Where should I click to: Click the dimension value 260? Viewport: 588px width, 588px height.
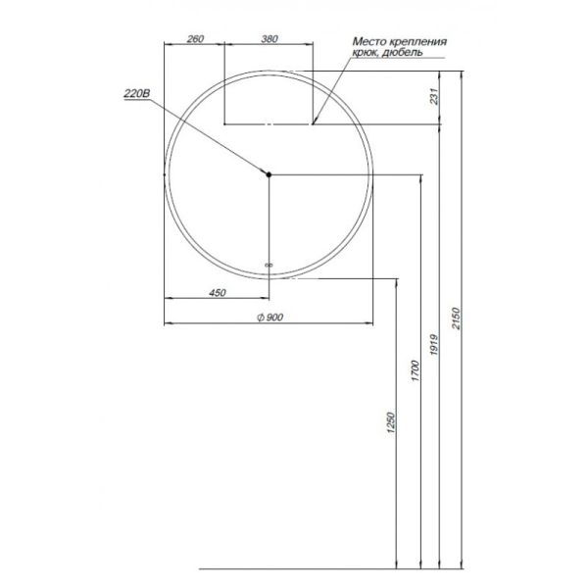pyautogui.click(x=194, y=39)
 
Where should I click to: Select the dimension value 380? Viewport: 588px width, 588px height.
pyautogui.click(x=269, y=39)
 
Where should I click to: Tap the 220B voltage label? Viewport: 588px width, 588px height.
pyautogui.click(x=136, y=93)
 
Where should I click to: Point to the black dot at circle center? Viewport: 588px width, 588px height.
pyautogui.click(x=269, y=174)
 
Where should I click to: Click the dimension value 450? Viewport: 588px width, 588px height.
pyautogui.click(x=218, y=293)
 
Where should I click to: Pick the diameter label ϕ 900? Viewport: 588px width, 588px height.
pyautogui.click(x=269, y=316)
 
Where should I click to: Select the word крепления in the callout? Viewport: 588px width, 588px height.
pyautogui.click(x=418, y=42)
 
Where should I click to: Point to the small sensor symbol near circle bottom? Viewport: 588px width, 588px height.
pyautogui.click(x=269, y=263)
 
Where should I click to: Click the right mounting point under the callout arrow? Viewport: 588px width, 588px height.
pyautogui.click(x=313, y=124)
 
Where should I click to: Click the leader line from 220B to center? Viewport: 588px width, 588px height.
pyautogui.click(x=211, y=136)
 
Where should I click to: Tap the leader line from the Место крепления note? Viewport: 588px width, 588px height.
pyautogui.click(x=333, y=87)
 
